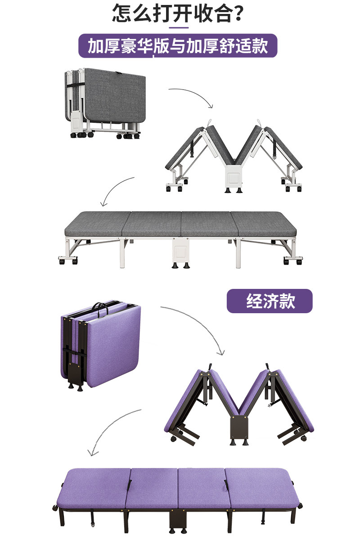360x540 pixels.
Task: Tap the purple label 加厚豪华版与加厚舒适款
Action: click(x=178, y=46)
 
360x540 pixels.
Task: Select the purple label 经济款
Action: click(x=269, y=301)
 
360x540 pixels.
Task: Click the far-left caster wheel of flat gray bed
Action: click(x=61, y=260)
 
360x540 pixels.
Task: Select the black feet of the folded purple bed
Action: click(x=76, y=386)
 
